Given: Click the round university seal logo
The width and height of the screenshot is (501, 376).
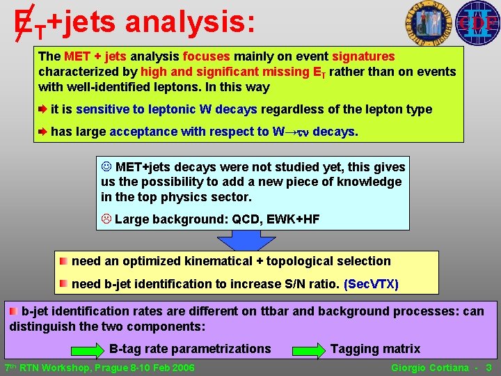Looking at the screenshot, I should click(x=426, y=24).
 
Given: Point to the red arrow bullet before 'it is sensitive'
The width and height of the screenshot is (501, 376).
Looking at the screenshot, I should click(x=43, y=109).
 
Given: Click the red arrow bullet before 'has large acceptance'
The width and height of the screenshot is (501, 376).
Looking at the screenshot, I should click(x=43, y=131).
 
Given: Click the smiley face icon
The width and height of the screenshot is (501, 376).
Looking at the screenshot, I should click(x=106, y=167).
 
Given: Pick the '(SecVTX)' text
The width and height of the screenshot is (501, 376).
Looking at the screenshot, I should click(x=372, y=284).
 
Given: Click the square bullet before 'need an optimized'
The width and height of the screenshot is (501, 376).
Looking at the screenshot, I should click(x=63, y=261).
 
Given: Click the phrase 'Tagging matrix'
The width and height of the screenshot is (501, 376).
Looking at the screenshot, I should click(x=375, y=349).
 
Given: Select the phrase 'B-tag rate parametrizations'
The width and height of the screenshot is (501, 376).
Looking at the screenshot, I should click(x=190, y=349).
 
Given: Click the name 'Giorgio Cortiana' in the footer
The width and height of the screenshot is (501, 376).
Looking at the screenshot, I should click(x=430, y=368).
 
